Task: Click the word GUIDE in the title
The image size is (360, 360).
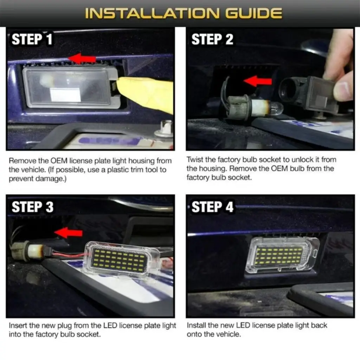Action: (253, 13)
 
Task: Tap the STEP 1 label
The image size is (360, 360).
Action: (32, 39)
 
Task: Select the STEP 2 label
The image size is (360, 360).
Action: (212, 39)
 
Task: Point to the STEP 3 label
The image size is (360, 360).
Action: (33, 207)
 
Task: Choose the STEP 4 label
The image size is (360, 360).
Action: (212, 207)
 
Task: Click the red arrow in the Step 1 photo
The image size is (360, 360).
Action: (82, 58)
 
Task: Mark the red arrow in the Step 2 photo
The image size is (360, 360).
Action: (258, 82)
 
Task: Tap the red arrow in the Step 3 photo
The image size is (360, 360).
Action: (69, 233)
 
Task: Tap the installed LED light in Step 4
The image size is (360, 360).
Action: (282, 255)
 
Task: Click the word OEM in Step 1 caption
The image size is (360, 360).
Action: (59, 160)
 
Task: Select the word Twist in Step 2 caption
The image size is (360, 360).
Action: (194, 160)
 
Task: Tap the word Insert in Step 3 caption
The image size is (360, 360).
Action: (18, 325)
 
